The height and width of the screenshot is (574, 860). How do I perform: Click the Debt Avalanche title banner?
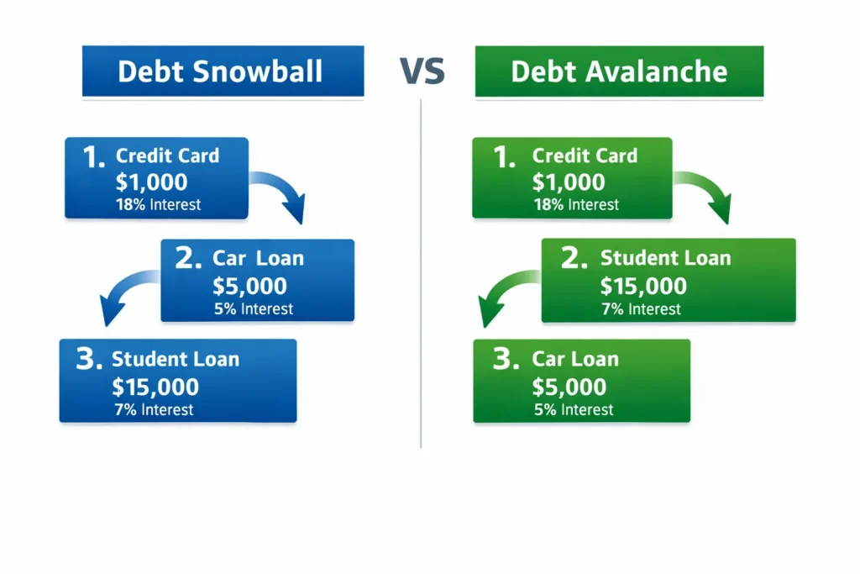[619, 71]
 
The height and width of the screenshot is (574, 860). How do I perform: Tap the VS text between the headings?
[421, 72]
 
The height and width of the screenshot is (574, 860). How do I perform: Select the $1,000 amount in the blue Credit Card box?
[151, 182]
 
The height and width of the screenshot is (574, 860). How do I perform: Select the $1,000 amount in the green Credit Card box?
[569, 182]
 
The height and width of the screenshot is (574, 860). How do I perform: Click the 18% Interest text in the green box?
[575, 205]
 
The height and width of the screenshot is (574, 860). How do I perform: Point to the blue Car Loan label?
[257, 259]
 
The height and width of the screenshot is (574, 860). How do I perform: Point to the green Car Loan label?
[575, 360]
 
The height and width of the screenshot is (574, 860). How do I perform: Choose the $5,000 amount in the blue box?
[249, 286]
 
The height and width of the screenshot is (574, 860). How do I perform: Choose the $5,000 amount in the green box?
[569, 387]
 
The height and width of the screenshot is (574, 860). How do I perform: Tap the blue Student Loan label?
[176, 360]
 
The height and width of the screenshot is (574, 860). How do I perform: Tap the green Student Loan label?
[665, 259]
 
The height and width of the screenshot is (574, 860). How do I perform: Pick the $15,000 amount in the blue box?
[155, 387]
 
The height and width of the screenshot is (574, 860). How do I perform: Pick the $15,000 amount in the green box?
[643, 286]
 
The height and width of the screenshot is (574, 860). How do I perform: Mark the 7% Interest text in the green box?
[641, 309]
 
